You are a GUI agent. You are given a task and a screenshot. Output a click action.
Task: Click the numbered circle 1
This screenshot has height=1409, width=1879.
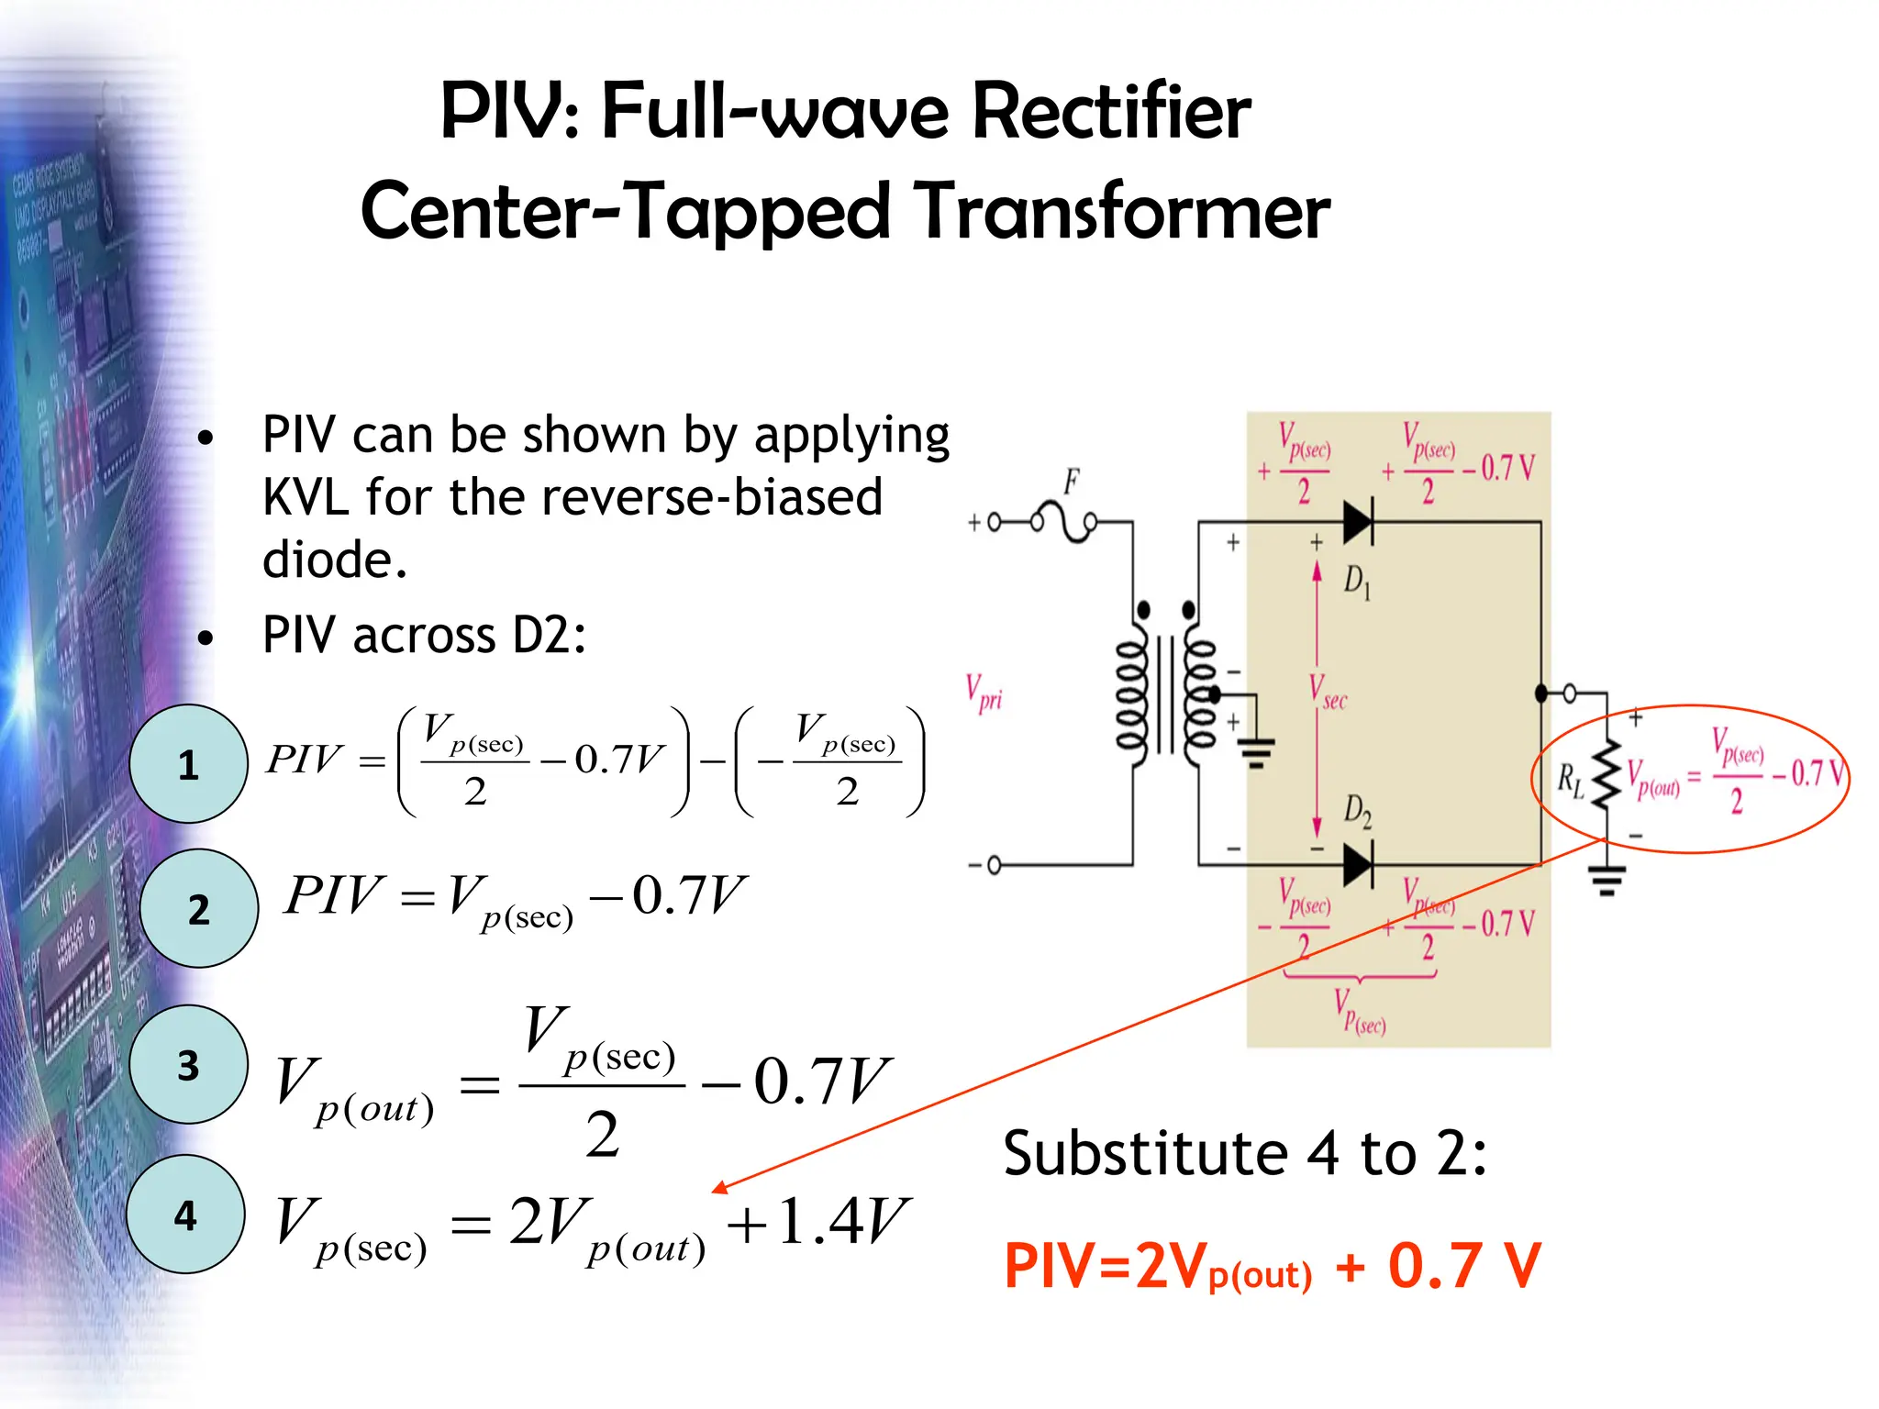tap(188, 763)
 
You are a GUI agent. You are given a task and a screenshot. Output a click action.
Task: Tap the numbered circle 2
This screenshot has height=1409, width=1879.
tap(198, 908)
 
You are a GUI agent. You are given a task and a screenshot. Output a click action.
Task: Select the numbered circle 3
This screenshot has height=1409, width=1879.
tap(188, 1064)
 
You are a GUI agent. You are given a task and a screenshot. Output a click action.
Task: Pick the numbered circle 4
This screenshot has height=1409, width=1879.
tap(185, 1214)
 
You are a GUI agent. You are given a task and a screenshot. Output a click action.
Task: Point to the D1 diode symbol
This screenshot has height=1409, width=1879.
tap(1358, 523)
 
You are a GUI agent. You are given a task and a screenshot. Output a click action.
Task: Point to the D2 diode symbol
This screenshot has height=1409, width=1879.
tap(1358, 864)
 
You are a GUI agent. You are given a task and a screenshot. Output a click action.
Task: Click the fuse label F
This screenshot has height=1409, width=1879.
tap(1071, 481)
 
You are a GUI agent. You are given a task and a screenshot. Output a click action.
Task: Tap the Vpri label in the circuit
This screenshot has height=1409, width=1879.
tap(984, 693)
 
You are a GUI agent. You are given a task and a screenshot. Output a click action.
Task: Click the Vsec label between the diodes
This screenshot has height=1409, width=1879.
tap(1328, 693)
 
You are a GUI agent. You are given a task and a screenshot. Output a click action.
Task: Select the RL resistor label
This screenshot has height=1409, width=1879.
tap(1570, 781)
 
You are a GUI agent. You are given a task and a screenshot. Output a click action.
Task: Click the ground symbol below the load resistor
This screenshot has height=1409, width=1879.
tap(1607, 881)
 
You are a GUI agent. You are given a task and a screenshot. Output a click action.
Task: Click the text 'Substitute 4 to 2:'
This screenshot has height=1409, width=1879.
tap(1244, 1153)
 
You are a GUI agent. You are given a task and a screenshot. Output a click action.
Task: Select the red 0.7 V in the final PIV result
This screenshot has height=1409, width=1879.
tap(1463, 1266)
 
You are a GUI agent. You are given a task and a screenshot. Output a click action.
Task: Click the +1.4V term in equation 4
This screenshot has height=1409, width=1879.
tap(817, 1222)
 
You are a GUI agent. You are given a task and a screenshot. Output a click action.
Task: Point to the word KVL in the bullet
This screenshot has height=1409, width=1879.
tap(305, 498)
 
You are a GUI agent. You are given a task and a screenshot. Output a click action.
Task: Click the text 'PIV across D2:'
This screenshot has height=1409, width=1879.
tap(424, 635)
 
